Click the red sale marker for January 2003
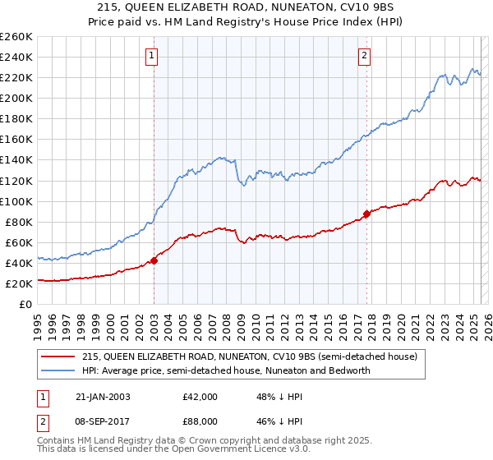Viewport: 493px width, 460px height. point(154,261)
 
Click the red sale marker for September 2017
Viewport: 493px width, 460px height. point(366,214)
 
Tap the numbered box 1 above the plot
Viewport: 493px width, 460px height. point(154,56)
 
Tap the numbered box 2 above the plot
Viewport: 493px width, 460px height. point(364,56)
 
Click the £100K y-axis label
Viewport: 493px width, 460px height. point(16,201)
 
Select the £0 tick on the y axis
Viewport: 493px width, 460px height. point(26,304)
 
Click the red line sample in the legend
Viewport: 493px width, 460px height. point(58,356)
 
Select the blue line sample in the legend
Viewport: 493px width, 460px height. point(58,370)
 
